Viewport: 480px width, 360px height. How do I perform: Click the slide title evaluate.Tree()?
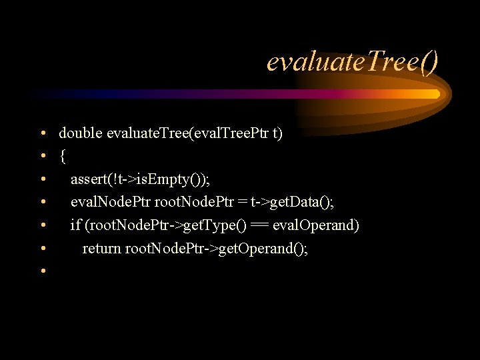pos(353,62)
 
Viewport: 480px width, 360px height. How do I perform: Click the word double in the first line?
pos(80,133)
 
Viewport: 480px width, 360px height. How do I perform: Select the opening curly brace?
pos(62,157)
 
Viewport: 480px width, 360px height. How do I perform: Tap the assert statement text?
pos(140,179)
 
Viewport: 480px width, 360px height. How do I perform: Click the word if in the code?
pos(75,225)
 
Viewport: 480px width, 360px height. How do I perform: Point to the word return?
pos(101,249)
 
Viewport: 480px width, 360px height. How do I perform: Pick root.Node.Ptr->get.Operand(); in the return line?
pos(217,249)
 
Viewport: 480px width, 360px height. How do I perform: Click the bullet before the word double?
pos(42,134)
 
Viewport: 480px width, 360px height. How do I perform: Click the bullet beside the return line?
pos(42,249)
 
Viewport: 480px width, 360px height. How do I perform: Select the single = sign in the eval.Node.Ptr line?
pos(244,203)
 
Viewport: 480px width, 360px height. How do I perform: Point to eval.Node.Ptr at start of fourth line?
pos(111,203)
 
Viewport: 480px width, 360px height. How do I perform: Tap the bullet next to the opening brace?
pos(42,157)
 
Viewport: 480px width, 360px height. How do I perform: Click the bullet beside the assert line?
pos(42,180)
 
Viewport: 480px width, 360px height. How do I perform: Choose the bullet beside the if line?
pos(42,226)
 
